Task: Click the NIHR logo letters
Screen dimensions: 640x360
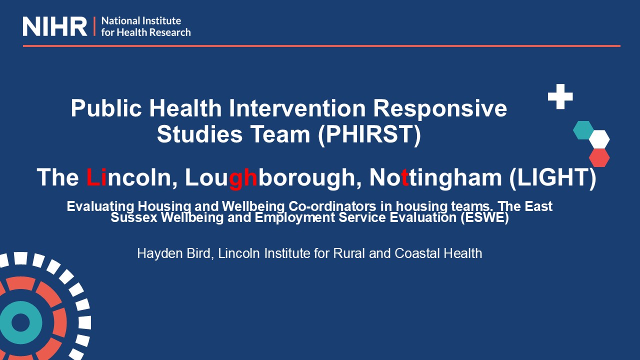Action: [55, 26]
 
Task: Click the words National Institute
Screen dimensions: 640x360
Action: [141, 21]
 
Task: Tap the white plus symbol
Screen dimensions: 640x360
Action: [560, 96]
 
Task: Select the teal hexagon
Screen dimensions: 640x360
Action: [583, 130]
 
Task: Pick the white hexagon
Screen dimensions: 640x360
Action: [599, 139]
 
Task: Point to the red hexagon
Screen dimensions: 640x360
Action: [599, 157]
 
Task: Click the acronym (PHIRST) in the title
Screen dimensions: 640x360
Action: [369, 134]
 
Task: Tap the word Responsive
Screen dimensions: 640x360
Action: [440, 110]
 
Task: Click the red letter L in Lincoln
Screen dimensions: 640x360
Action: [93, 177]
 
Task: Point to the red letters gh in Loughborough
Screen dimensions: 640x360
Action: [243, 178]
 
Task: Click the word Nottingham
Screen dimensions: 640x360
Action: [435, 178]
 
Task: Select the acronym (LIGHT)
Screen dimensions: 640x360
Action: [553, 178]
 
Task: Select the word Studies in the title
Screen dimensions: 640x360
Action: [199, 134]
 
